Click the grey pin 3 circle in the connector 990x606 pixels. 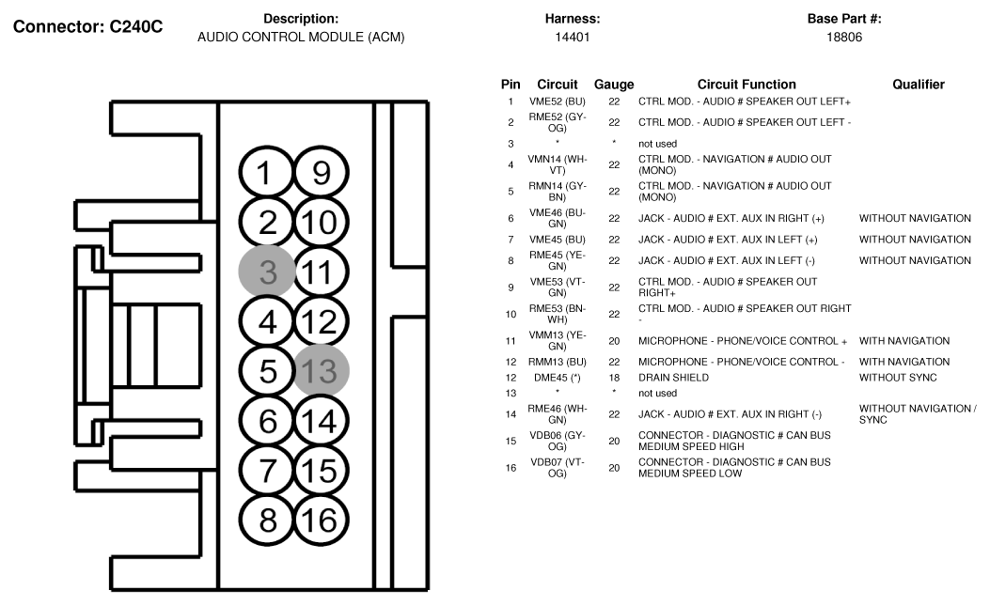point(267,272)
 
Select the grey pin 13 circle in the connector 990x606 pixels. point(321,370)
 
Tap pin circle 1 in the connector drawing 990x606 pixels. point(266,172)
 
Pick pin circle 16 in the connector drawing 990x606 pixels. point(321,521)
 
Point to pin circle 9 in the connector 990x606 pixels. point(321,172)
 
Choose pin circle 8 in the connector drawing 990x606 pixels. point(267,521)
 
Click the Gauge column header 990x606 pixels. point(614,85)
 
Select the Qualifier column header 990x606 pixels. point(918,85)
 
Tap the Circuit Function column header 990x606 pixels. point(746,85)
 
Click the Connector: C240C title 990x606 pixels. point(87,26)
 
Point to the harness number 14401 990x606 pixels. point(572,38)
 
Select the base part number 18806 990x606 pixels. point(844,38)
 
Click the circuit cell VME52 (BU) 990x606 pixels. point(557,101)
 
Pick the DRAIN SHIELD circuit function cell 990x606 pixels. point(673,378)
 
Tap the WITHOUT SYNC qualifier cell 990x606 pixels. point(898,378)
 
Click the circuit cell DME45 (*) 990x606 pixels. point(557,378)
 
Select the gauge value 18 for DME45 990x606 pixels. point(614,378)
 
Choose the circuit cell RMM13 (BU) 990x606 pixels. point(557,362)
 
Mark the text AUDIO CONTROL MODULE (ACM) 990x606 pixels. point(301,38)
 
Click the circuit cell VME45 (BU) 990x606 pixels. point(557,240)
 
